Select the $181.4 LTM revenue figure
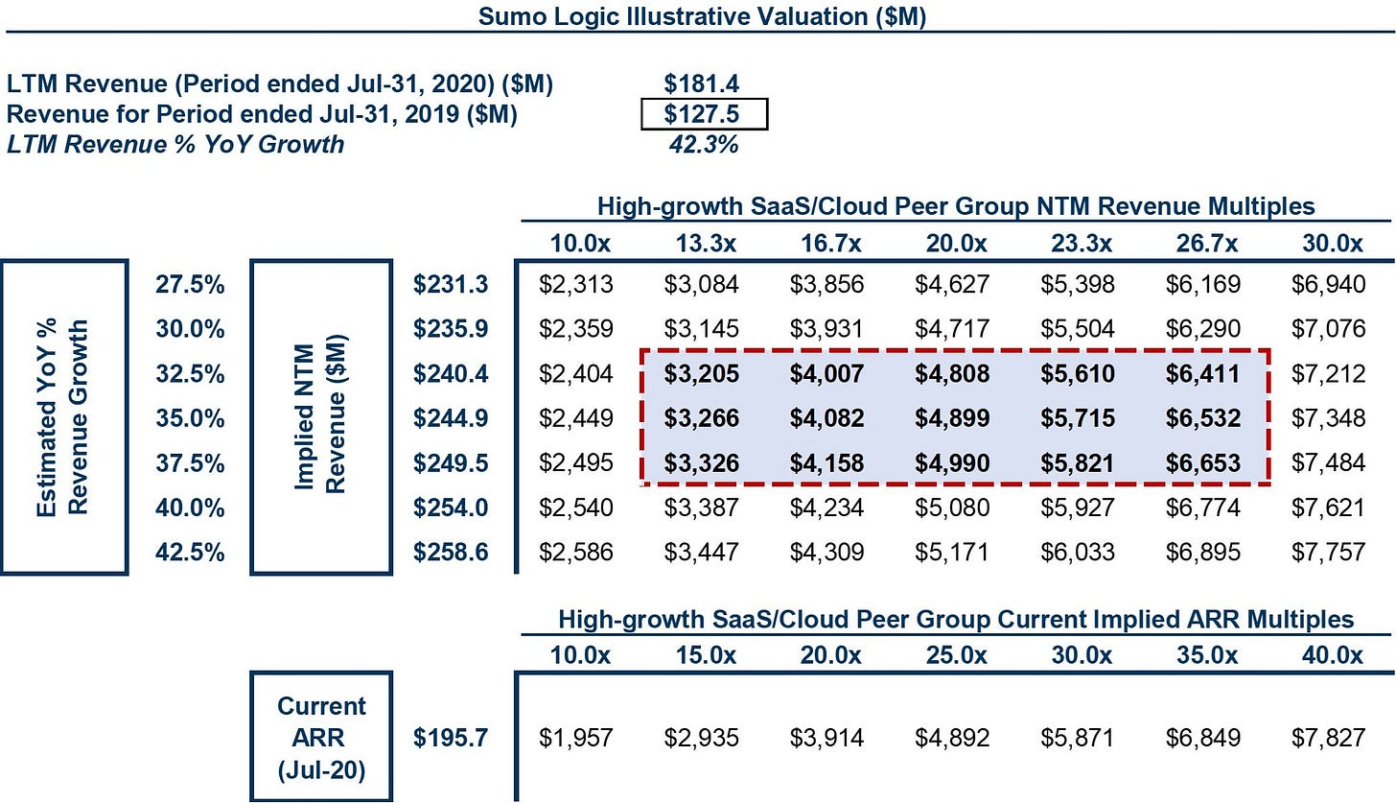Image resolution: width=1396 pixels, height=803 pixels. [x=701, y=83]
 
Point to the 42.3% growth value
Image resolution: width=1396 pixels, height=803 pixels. [x=704, y=144]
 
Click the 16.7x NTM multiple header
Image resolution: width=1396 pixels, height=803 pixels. [x=830, y=243]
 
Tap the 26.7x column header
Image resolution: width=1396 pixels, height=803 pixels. [x=1206, y=243]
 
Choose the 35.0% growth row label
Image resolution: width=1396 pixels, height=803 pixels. [x=190, y=417]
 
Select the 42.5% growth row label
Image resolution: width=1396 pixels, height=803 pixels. [x=190, y=552]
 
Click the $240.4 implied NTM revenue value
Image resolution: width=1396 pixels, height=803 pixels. [x=451, y=373]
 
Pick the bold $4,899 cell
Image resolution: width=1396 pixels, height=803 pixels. [x=952, y=417]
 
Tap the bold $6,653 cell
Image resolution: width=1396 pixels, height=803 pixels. [x=1202, y=462]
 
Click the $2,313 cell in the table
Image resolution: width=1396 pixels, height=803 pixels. [x=576, y=284]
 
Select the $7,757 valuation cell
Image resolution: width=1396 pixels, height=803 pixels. [x=1328, y=552]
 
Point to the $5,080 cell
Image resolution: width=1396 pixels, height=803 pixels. [x=952, y=508]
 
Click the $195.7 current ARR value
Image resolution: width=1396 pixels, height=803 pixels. [x=451, y=738]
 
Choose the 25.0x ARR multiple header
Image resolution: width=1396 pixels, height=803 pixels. [x=956, y=655]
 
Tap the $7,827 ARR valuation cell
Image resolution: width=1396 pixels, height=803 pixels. [x=1328, y=738]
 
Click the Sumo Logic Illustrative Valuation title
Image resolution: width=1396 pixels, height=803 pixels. [x=703, y=15]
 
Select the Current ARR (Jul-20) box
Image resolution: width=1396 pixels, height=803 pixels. [x=321, y=673]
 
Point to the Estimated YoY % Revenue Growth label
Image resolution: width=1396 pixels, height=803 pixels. [x=63, y=417]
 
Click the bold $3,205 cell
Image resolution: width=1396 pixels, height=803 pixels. [x=701, y=373]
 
